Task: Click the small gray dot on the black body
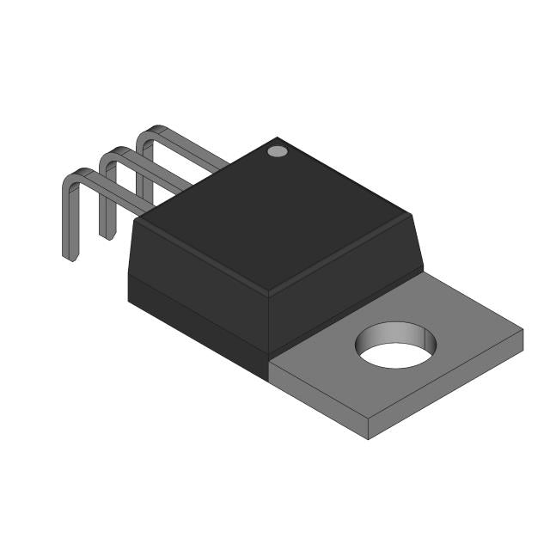(x=277, y=152)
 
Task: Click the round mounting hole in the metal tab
(x=396, y=345)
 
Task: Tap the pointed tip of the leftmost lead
(x=70, y=255)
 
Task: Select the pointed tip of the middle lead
(x=107, y=234)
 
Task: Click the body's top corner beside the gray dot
(x=273, y=137)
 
